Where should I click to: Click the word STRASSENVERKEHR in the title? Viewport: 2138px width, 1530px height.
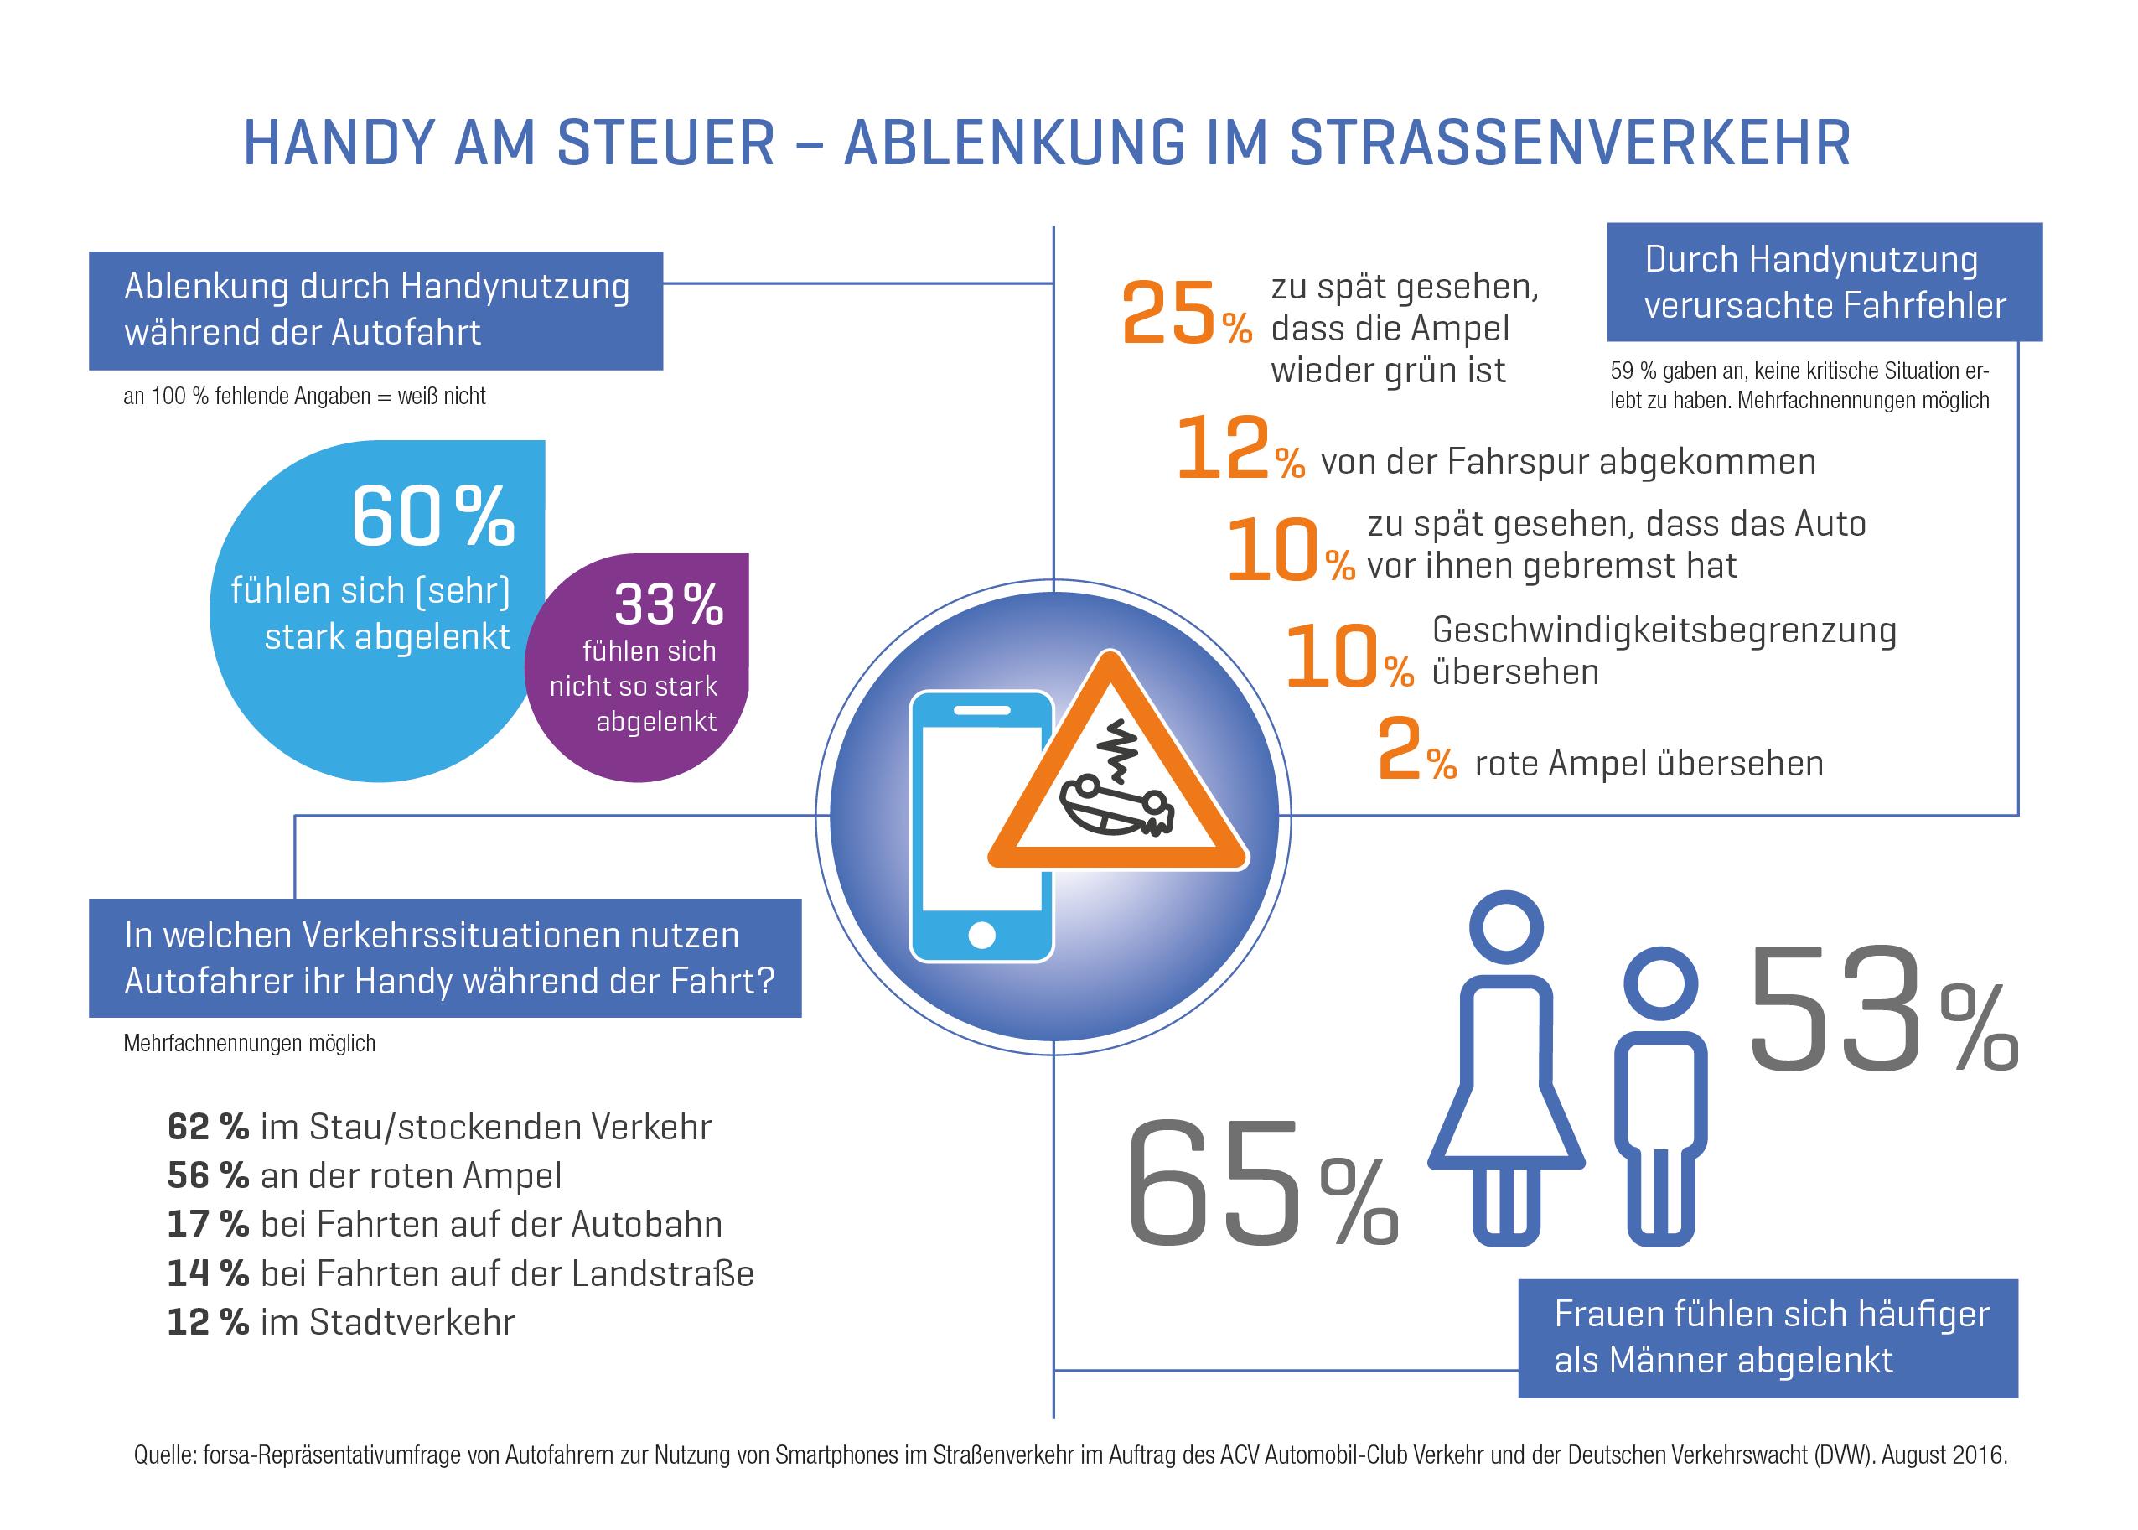[x=1569, y=143]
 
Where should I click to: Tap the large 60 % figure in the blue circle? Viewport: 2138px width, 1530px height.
[x=433, y=516]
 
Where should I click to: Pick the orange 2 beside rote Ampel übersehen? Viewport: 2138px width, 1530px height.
[x=1399, y=751]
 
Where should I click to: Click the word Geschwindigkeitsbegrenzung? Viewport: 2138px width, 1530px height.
[x=1664, y=630]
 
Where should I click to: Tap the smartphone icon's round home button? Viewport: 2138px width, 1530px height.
[x=981, y=935]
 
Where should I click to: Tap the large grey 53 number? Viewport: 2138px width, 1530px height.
[x=1834, y=1011]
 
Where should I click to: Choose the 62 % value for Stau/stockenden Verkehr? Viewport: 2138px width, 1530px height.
[x=207, y=1127]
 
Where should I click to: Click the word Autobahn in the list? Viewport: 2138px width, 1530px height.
[x=646, y=1225]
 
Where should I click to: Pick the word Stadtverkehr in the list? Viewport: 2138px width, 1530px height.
[x=412, y=1323]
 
